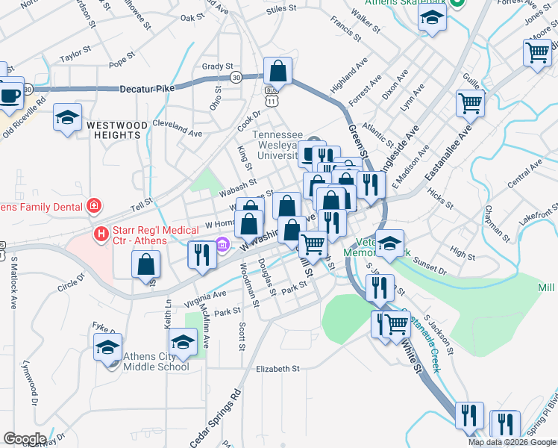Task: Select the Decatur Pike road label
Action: [149, 89]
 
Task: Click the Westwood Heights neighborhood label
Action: [113, 129]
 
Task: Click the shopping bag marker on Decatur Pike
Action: [278, 72]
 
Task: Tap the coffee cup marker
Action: [9, 95]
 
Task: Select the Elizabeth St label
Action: [277, 369]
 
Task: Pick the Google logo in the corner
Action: [24, 439]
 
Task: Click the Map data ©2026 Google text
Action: [512, 442]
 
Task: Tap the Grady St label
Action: [217, 66]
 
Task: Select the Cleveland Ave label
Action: [177, 128]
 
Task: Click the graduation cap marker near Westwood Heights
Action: [68, 118]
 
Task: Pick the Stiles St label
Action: [281, 9]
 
